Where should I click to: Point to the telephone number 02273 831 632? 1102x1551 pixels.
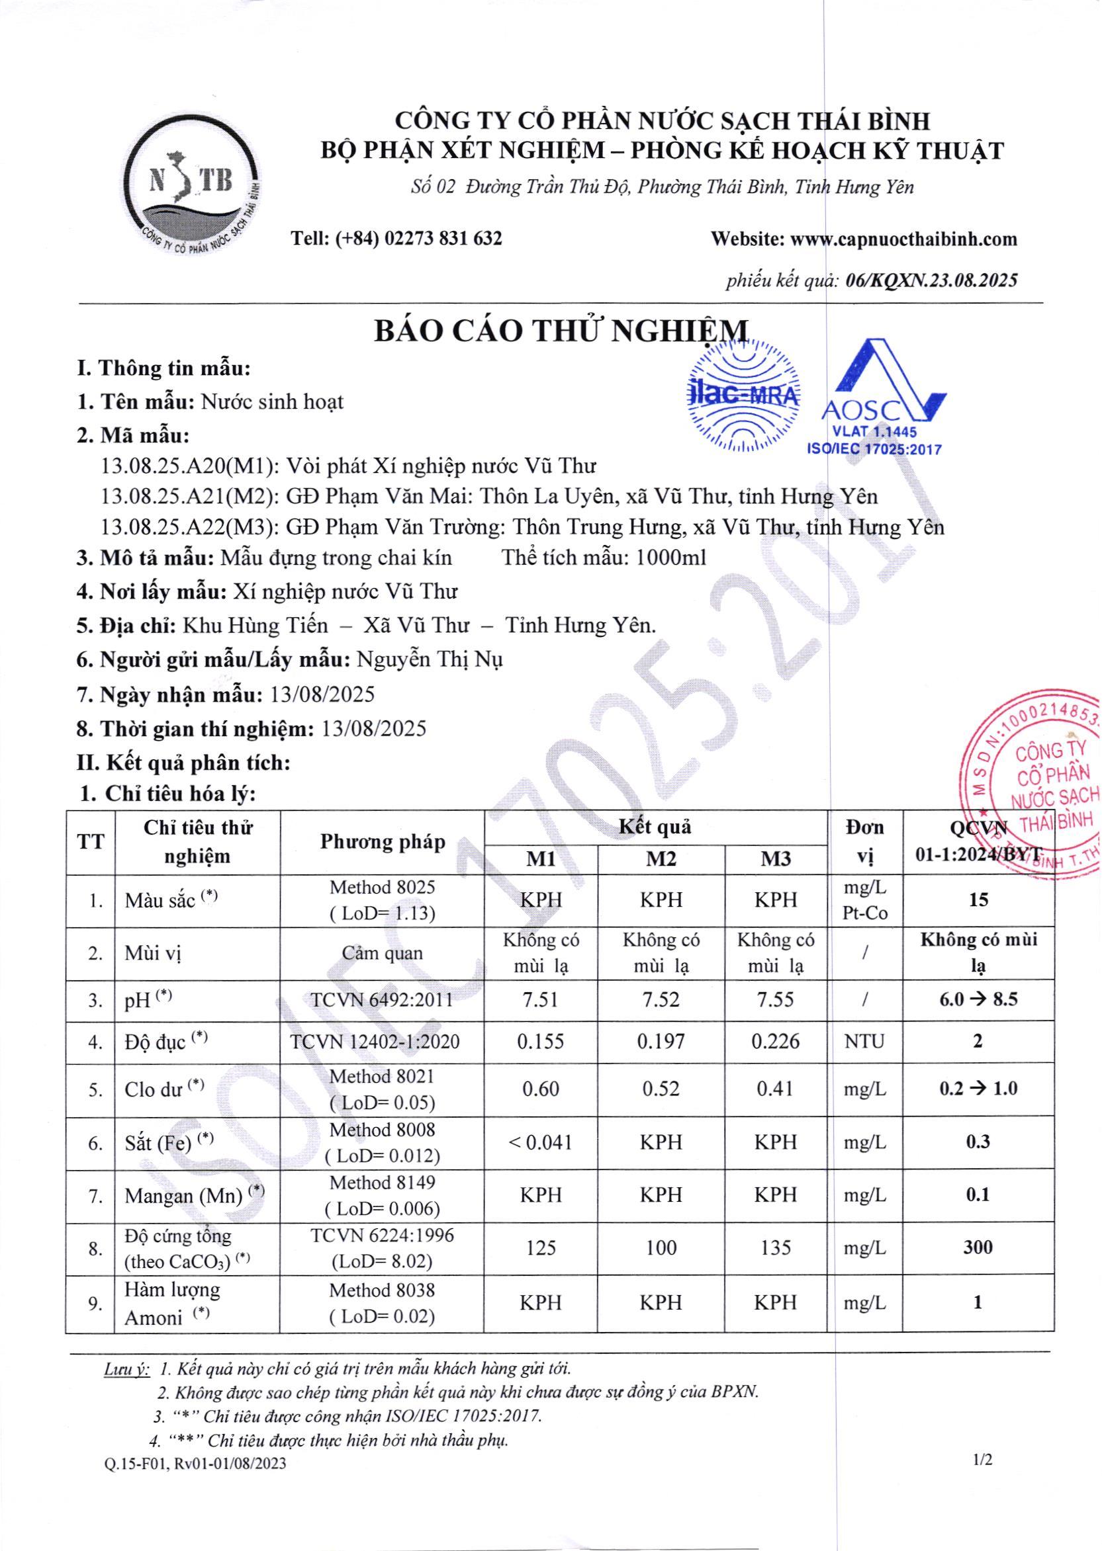443,238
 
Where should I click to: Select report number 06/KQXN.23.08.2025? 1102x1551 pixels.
932,280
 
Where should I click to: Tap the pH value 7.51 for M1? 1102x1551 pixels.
540,1000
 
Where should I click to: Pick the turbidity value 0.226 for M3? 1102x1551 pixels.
776,1041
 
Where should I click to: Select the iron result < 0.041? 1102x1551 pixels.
540,1143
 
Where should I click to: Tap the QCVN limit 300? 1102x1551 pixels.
977,1248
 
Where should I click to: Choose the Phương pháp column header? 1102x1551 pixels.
382,842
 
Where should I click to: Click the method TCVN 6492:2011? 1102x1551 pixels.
382,1000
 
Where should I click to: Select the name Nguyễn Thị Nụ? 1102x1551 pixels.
430,659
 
